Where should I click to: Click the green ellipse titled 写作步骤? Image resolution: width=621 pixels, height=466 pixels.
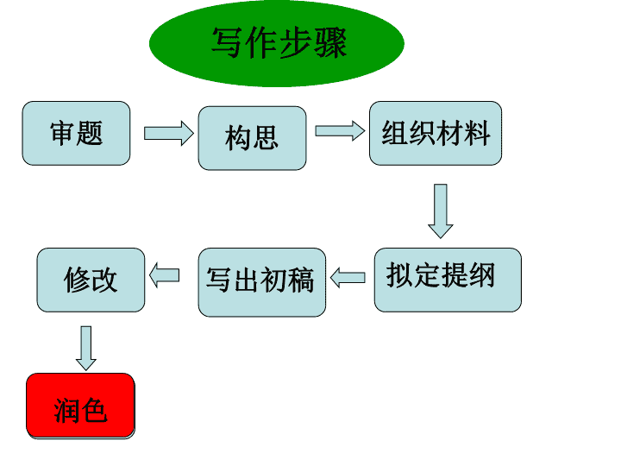pyautogui.click(x=277, y=43)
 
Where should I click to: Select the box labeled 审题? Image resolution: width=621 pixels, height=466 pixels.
pyautogui.click(x=76, y=133)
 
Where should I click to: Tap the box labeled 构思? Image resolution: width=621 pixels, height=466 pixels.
pyautogui.click(x=252, y=138)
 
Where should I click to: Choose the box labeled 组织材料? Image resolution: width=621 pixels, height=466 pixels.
pyautogui.click(x=436, y=133)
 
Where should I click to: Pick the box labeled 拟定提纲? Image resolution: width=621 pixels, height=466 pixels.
pyautogui.click(x=448, y=280)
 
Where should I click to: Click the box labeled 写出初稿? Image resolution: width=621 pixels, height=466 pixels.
pyautogui.click(x=262, y=282)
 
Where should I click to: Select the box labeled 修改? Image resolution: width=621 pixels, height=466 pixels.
pyautogui.click(x=91, y=280)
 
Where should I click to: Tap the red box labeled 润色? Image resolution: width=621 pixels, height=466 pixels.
pyautogui.click(x=80, y=406)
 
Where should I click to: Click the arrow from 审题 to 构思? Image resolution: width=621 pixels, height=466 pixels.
pyautogui.click(x=169, y=133)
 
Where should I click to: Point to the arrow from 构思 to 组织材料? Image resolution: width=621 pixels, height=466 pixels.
pyautogui.click(x=340, y=131)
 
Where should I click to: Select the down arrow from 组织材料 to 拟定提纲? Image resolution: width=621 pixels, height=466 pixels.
pyautogui.click(x=441, y=211)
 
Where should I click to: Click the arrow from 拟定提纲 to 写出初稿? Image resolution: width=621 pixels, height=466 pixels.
pyautogui.click(x=348, y=277)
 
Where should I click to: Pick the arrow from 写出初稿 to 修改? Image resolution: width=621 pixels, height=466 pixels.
pyautogui.click(x=165, y=275)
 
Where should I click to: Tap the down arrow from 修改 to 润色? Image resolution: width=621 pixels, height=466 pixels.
pyautogui.click(x=86, y=349)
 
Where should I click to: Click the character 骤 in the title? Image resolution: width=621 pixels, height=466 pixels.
pyautogui.click(x=330, y=43)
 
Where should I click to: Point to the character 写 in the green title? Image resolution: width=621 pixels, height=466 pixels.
pyautogui.click(x=227, y=43)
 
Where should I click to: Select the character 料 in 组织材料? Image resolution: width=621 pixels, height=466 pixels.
pyautogui.click(x=477, y=133)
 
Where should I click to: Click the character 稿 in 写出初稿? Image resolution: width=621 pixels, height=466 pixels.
pyautogui.click(x=301, y=280)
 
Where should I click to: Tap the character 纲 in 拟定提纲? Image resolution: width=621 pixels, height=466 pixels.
pyautogui.click(x=482, y=274)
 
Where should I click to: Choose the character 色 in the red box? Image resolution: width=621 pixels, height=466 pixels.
pyautogui.click(x=94, y=411)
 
